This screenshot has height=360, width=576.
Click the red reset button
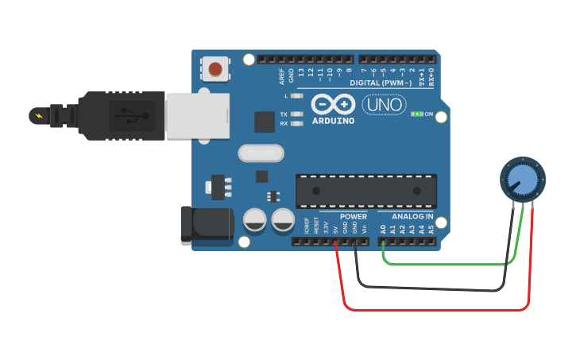coord(215,69)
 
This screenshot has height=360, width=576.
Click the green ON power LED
coord(416,114)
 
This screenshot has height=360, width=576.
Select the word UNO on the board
coord(384,104)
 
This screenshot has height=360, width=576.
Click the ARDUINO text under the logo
coord(333,121)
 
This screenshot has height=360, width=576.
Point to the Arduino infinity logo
coord(333,104)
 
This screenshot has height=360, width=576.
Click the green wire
coord(445,263)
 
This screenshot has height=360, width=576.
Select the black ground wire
coord(429,288)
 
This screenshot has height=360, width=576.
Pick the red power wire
coord(437,308)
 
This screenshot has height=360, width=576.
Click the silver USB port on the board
coord(197,116)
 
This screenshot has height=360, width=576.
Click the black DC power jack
coord(205,224)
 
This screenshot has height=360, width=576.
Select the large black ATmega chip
coord(365,191)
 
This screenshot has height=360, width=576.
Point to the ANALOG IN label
coord(412,216)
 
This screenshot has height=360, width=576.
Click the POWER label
coord(353,216)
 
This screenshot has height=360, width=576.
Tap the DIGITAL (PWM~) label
coord(381,83)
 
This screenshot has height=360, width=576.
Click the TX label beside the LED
coord(284,114)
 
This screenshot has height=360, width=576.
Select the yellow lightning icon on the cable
coord(37,116)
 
